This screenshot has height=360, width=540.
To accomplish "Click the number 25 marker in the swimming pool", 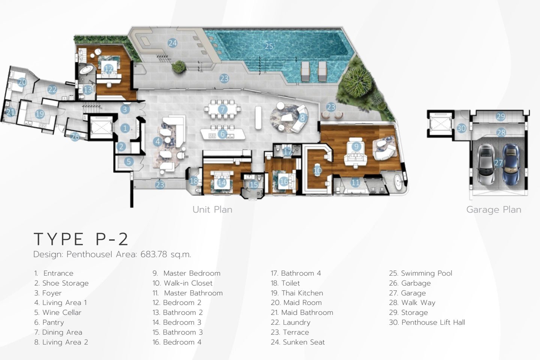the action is tap(269, 46).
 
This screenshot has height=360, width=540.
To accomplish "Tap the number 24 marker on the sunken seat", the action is tap(172, 43).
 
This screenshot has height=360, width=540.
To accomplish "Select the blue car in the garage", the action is tap(511, 164).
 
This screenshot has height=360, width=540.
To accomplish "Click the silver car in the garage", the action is tap(486, 164).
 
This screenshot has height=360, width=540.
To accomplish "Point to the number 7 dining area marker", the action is tap(222, 109).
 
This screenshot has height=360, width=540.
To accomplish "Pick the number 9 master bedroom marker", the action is tap(356, 146).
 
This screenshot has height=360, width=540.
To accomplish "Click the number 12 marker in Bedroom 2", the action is tap(108, 69).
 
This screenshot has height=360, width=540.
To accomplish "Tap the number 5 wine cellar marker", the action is tap(129, 161).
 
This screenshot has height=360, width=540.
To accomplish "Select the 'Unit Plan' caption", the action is tap(212, 210).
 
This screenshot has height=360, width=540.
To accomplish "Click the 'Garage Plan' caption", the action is tap(494, 210).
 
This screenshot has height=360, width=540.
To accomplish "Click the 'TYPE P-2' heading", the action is tap(81, 239).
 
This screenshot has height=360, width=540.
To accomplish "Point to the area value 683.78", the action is tap(154, 254).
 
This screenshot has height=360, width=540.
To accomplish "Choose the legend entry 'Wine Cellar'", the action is tap(62, 312).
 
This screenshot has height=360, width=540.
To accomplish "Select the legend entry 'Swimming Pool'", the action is tap(426, 273).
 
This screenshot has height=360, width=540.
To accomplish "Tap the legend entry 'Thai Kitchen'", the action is tap(302, 293).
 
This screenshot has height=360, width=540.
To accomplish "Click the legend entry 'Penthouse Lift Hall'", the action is tap(433, 322).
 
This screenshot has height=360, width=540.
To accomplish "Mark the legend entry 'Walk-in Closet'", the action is tap(188, 283).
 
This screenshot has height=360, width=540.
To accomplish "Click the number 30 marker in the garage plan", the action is tap(461, 128).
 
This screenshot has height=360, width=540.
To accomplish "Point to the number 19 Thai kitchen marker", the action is tap(40, 114).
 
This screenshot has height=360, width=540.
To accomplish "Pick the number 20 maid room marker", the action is tap(22, 82).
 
